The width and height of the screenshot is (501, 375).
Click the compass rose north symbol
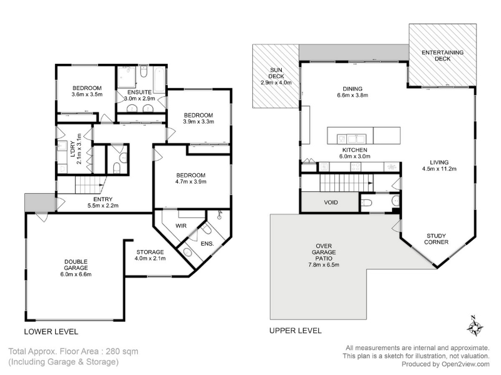[476, 326]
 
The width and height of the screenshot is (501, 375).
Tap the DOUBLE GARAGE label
[76, 264]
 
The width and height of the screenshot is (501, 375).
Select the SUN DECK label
[276, 73]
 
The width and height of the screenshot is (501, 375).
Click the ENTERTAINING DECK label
[443, 56]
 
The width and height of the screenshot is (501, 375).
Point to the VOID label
[331, 202]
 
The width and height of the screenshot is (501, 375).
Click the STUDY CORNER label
[436, 239]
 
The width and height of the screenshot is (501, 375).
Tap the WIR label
[181, 226]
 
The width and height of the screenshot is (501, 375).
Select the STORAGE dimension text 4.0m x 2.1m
[150, 258]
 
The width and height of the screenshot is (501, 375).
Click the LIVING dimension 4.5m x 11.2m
[439, 169]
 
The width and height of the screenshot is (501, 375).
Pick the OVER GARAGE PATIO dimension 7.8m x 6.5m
[324, 264]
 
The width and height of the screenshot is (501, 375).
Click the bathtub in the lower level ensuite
[160, 79]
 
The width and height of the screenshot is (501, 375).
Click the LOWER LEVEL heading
[51, 332]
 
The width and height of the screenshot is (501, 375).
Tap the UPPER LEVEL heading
[295, 331]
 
